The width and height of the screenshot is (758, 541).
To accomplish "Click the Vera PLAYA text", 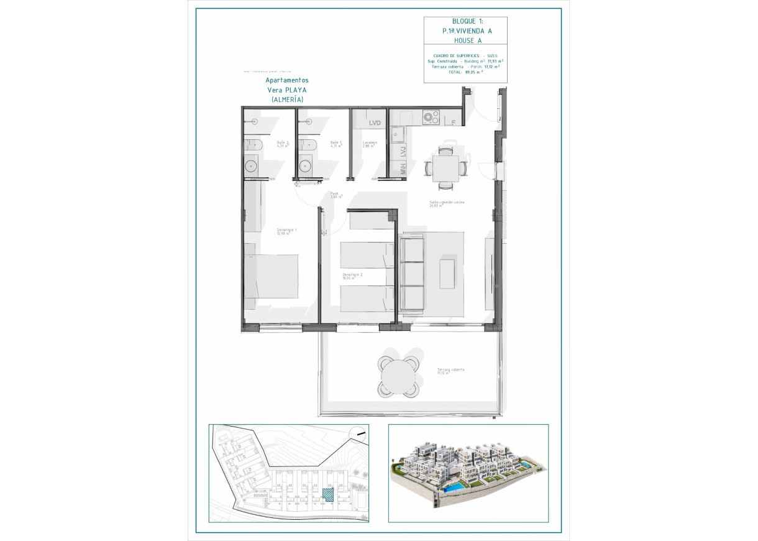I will pyautogui.click(x=287, y=90).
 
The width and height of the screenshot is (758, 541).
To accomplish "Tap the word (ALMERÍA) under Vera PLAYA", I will pyautogui.click(x=287, y=99).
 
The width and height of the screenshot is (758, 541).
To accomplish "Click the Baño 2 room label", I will pyautogui.click(x=283, y=144).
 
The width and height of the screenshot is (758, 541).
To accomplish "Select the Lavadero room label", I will pyautogui.click(x=370, y=144).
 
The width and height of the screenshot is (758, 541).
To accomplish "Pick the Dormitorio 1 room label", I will pyautogui.click(x=286, y=231).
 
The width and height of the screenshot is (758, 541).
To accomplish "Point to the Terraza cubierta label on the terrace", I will pyautogui.click(x=450, y=371).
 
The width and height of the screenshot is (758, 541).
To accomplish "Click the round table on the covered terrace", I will pyautogui.click(x=397, y=376).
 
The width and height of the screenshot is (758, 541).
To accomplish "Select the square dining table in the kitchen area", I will pyautogui.click(x=445, y=167).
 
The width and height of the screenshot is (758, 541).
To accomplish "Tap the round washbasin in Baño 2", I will pyautogui.click(x=250, y=166).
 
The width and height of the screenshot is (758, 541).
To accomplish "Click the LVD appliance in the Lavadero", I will pyautogui.click(x=374, y=123).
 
